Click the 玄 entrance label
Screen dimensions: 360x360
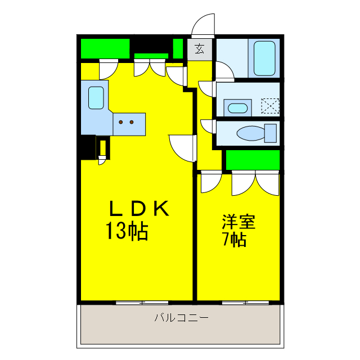[200, 49]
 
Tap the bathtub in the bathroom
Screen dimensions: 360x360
[264, 57]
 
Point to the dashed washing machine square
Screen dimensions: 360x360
[270, 106]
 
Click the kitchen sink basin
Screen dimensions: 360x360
[96, 98]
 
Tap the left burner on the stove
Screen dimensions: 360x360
[122, 121]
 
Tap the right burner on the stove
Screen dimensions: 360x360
[132, 121]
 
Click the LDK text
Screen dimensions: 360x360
[138, 209]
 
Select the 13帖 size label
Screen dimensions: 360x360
[127, 231]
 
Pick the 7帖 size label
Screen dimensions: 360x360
[234, 240]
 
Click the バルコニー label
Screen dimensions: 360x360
[181, 318]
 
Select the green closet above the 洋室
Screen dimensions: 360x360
[253, 160]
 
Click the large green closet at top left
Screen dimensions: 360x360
[105, 48]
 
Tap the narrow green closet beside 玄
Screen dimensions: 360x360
[178, 49]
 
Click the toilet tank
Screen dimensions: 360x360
[271, 134]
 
